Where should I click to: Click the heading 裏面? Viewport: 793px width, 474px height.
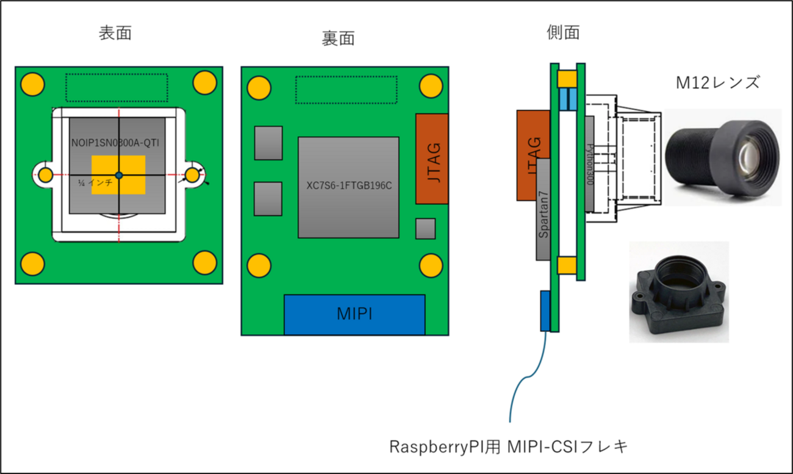(x=338, y=39)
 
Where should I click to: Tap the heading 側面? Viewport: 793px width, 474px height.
(x=563, y=33)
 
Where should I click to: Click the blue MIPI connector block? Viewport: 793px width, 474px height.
(x=354, y=315)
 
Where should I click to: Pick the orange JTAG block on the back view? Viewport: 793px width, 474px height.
(x=432, y=159)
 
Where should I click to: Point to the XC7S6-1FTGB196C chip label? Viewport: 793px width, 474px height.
(x=348, y=185)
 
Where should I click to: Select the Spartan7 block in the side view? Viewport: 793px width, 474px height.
(x=543, y=211)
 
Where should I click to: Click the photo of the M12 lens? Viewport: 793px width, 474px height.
(x=722, y=156)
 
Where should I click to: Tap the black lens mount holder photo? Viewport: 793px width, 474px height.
(x=678, y=291)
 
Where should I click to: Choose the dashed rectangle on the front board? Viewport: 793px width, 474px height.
(x=116, y=87)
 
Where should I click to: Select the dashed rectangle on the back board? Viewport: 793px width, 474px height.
(x=346, y=90)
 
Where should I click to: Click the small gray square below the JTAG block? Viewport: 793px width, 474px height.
(x=425, y=228)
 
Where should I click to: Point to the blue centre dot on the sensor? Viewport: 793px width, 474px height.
(x=119, y=175)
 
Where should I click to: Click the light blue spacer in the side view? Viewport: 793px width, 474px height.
(x=568, y=99)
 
